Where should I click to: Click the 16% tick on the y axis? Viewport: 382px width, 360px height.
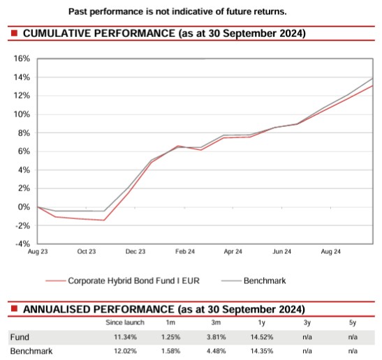(20, 59)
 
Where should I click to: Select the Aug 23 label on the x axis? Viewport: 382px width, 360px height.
(38, 252)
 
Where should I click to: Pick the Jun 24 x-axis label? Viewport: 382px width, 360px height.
(282, 252)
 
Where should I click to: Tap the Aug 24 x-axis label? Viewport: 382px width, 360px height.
(330, 252)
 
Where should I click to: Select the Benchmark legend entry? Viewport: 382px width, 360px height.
(265, 281)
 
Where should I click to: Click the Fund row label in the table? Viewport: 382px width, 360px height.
(19, 337)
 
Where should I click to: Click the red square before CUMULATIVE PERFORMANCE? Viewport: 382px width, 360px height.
(14, 33)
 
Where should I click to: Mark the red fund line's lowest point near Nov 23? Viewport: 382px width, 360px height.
(104, 220)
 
